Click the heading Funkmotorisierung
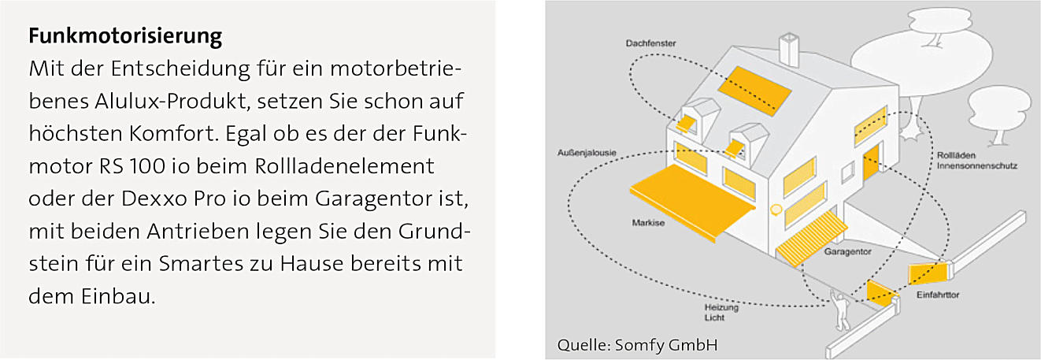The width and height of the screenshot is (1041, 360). (x=125, y=36)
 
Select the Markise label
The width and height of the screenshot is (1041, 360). (x=648, y=224)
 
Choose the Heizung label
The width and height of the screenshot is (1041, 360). (x=721, y=308)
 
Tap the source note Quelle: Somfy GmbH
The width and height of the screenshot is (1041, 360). (x=637, y=345)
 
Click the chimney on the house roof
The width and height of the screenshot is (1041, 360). (x=788, y=48)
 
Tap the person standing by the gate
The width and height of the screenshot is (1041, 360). (x=842, y=310)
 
